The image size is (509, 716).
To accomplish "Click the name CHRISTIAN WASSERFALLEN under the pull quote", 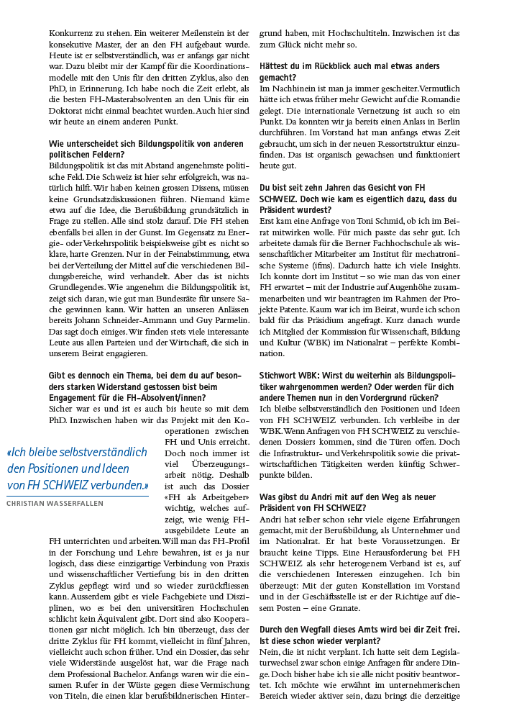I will point(55,504).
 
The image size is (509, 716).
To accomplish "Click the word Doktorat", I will point(68,111).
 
